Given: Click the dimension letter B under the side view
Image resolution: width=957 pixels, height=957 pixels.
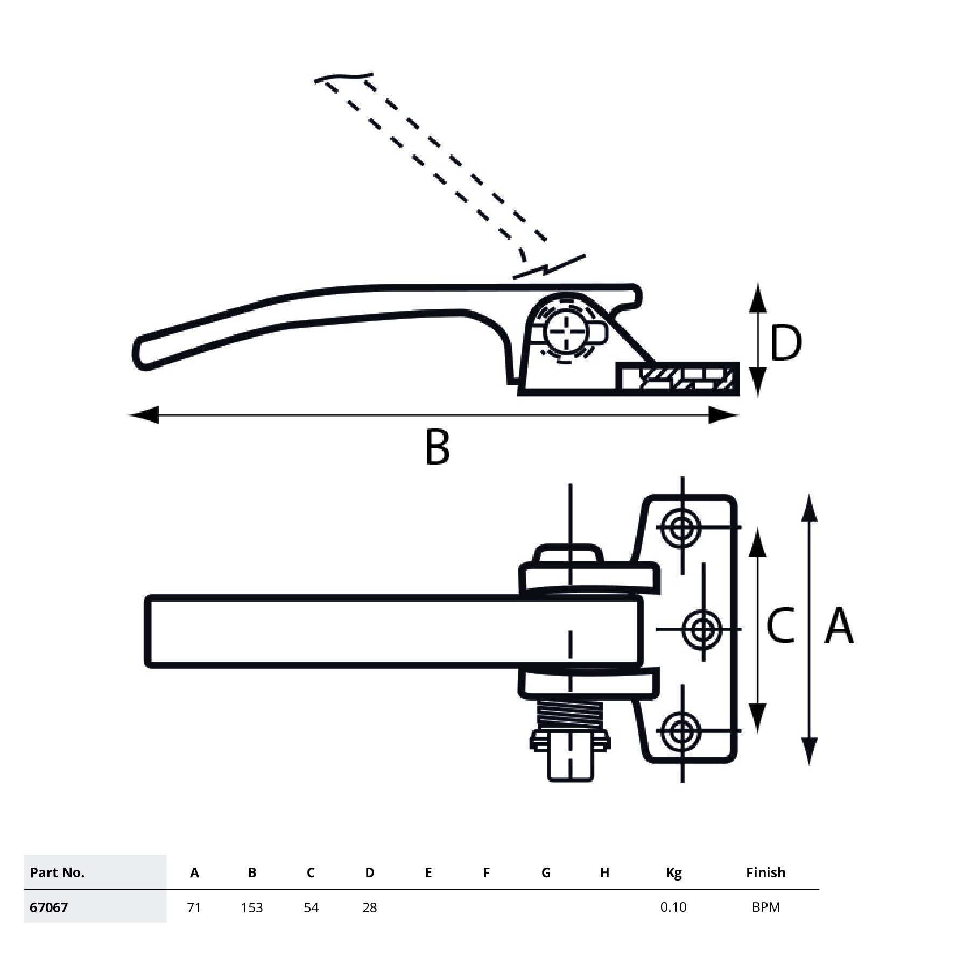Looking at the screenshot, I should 437,447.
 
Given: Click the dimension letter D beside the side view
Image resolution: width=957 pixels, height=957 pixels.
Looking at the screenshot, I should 785,343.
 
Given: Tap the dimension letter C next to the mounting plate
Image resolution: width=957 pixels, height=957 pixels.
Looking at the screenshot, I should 780,625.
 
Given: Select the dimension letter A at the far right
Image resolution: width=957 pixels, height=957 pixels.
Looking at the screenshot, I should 839,625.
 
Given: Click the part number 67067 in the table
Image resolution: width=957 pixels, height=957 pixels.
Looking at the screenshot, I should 49,907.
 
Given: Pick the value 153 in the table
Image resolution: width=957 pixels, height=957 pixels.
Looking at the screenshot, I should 252,907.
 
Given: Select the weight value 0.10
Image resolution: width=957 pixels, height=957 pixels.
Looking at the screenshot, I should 673,907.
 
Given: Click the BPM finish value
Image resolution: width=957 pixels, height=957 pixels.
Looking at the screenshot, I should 765,907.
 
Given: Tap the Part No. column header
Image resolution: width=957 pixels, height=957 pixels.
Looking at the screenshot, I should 57,872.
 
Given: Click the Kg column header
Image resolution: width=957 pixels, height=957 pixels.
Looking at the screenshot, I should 673,872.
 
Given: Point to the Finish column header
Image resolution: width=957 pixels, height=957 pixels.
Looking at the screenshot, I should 765,872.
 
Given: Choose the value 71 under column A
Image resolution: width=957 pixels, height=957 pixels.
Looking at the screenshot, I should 194,907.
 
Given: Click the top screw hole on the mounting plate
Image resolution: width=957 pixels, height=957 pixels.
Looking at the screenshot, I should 682,526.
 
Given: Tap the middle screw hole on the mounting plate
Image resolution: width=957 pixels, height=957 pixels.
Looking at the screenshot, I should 702,629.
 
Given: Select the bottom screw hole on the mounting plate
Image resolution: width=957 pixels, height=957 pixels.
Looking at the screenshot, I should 682,730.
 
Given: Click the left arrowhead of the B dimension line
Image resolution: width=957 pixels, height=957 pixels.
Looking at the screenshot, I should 143,415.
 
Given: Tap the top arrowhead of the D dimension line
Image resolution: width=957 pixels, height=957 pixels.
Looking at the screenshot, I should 758,298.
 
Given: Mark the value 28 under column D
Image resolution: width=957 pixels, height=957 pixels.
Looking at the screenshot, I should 369,907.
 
